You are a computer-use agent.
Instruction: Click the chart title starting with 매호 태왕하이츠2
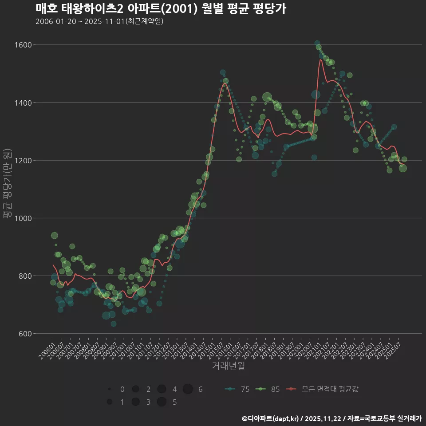point(160,9)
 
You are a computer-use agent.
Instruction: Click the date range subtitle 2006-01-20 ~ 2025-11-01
point(99,21)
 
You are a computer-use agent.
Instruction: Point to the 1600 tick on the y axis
point(22,45)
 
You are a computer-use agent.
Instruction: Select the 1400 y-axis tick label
point(22,103)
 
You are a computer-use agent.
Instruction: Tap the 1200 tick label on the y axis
point(22,160)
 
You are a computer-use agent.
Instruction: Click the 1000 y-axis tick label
point(22,218)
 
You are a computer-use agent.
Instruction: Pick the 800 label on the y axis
point(24,276)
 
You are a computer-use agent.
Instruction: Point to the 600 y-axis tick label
point(24,333)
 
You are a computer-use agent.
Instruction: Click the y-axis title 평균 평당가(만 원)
point(7,184)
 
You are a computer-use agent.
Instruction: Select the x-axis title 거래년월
point(228,366)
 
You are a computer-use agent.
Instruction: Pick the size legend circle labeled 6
point(188,389)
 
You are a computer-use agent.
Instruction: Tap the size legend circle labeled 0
point(109,389)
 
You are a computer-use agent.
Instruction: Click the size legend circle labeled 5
point(162,402)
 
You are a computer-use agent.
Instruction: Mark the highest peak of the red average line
point(320,59)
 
